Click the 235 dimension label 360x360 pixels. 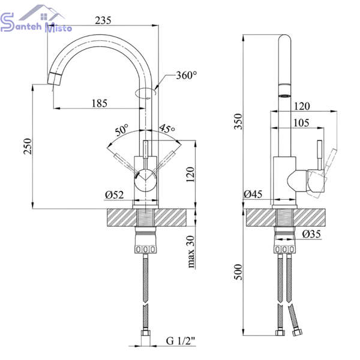tap(103, 20)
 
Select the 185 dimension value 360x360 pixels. tap(100, 103)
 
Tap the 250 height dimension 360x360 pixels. tap(28, 146)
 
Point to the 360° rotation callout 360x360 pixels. tap(187, 75)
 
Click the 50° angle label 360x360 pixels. tap(122, 130)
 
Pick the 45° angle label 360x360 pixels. tap(167, 128)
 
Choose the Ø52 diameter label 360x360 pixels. tap(115, 195)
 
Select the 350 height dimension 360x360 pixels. tap(238, 121)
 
